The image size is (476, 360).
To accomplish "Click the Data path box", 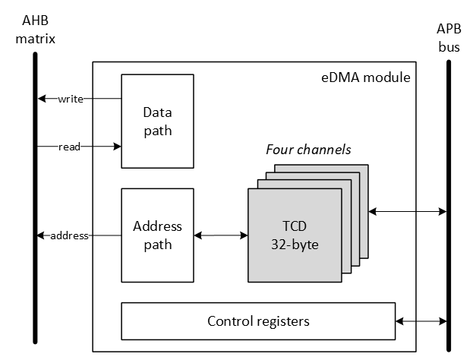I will point(157,121).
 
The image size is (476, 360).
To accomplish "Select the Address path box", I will point(157,235).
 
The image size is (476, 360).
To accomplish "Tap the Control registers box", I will point(258,321).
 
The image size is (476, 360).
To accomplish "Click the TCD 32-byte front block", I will point(294,235).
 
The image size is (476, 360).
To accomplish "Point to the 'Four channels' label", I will point(308,150).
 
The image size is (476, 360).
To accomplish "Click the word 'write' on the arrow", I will point(70,99).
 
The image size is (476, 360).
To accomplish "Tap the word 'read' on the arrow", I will point(70,147).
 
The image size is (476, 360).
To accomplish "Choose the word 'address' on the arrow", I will point(70,235).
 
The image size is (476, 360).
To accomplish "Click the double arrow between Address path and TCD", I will point(221,235).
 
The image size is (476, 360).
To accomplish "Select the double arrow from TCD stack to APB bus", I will point(408,211).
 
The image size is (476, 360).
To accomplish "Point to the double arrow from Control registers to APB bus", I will point(421,322).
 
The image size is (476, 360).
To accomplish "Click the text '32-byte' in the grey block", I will point(294,245).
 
